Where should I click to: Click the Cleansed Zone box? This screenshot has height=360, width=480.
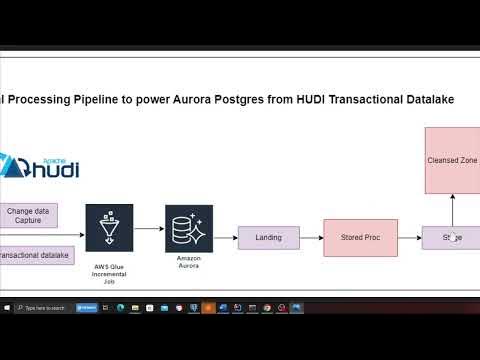click(452, 160)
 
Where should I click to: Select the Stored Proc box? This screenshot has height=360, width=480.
click(360, 238)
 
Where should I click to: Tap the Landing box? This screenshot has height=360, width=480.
click(268, 238)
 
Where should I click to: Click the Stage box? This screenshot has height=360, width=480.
click(452, 238)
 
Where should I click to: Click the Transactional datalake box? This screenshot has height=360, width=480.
click(29, 256)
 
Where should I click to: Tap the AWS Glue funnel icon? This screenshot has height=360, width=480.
click(109, 228)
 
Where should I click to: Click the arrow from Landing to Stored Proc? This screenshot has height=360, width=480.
click(310, 238)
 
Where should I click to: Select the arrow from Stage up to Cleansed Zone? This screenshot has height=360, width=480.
click(452, 210)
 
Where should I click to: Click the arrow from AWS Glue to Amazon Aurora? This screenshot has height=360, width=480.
click(149, 229)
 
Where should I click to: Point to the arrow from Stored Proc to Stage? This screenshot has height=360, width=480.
click(411, 238)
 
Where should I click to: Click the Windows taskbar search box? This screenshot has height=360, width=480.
click(45, 308)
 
